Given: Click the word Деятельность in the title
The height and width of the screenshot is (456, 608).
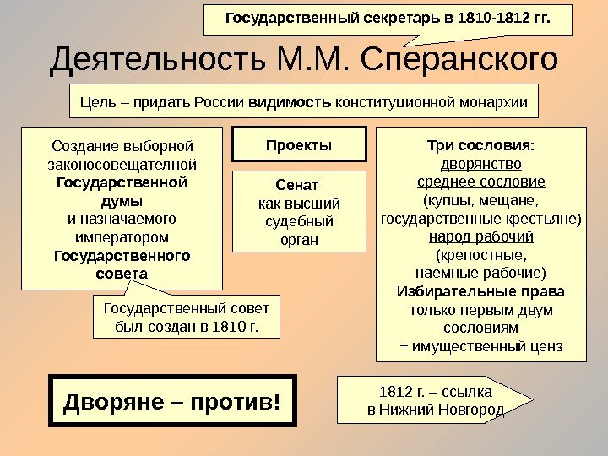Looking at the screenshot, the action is (157, 61).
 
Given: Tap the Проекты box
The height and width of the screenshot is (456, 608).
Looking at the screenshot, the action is (299, 144).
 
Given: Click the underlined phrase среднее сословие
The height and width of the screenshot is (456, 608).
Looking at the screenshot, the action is (481, 182).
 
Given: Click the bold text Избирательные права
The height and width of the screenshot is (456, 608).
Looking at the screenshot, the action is (481, 291).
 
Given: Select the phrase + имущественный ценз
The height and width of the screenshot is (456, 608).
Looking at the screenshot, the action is (481, 346).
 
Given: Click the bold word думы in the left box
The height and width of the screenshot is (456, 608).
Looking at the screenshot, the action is (122, 200).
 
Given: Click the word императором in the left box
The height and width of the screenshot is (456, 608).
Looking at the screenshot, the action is (122, 237).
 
